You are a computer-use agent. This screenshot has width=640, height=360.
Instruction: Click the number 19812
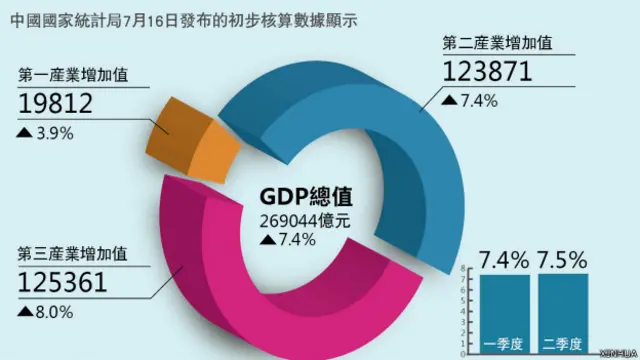click(56, 102)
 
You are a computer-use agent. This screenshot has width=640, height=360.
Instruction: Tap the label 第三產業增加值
click(79, 253)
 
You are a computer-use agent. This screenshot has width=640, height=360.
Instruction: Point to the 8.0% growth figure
click(51, 312)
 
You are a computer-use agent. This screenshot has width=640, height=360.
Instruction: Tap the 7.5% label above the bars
click(561, 262)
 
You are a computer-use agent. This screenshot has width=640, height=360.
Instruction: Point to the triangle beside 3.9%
click(22, 131)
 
